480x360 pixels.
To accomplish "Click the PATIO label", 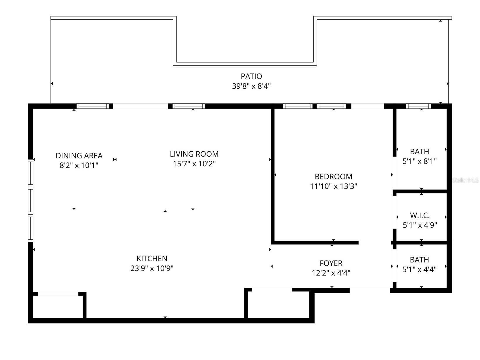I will point(251,76).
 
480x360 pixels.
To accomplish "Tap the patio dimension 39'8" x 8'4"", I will point(251,86).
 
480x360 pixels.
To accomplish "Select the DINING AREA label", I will point(79,155).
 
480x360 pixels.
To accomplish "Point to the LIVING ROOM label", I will point(194,154).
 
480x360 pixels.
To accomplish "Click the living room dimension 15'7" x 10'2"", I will point(194,164).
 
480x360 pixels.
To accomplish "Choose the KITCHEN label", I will point(152,258).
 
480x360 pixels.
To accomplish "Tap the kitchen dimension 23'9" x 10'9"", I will point(152,268).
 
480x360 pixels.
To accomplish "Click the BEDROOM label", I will point(333,176).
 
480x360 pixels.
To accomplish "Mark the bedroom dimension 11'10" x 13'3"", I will point(333,186).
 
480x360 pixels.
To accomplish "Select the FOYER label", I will point(331,263).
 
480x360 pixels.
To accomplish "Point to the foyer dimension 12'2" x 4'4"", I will point(331,273).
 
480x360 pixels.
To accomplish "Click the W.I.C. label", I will point(420,216).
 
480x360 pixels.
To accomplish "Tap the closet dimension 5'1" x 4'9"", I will point(420,225).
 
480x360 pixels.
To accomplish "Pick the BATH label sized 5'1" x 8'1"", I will point(419,152).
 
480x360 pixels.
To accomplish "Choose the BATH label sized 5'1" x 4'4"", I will point(419,260).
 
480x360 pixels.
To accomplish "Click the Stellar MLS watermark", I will point(465,180).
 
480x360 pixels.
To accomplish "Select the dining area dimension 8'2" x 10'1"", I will point(79,165).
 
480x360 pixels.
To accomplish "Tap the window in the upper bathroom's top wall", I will point(418,106).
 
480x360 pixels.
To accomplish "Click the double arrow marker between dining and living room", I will point(115,160).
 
